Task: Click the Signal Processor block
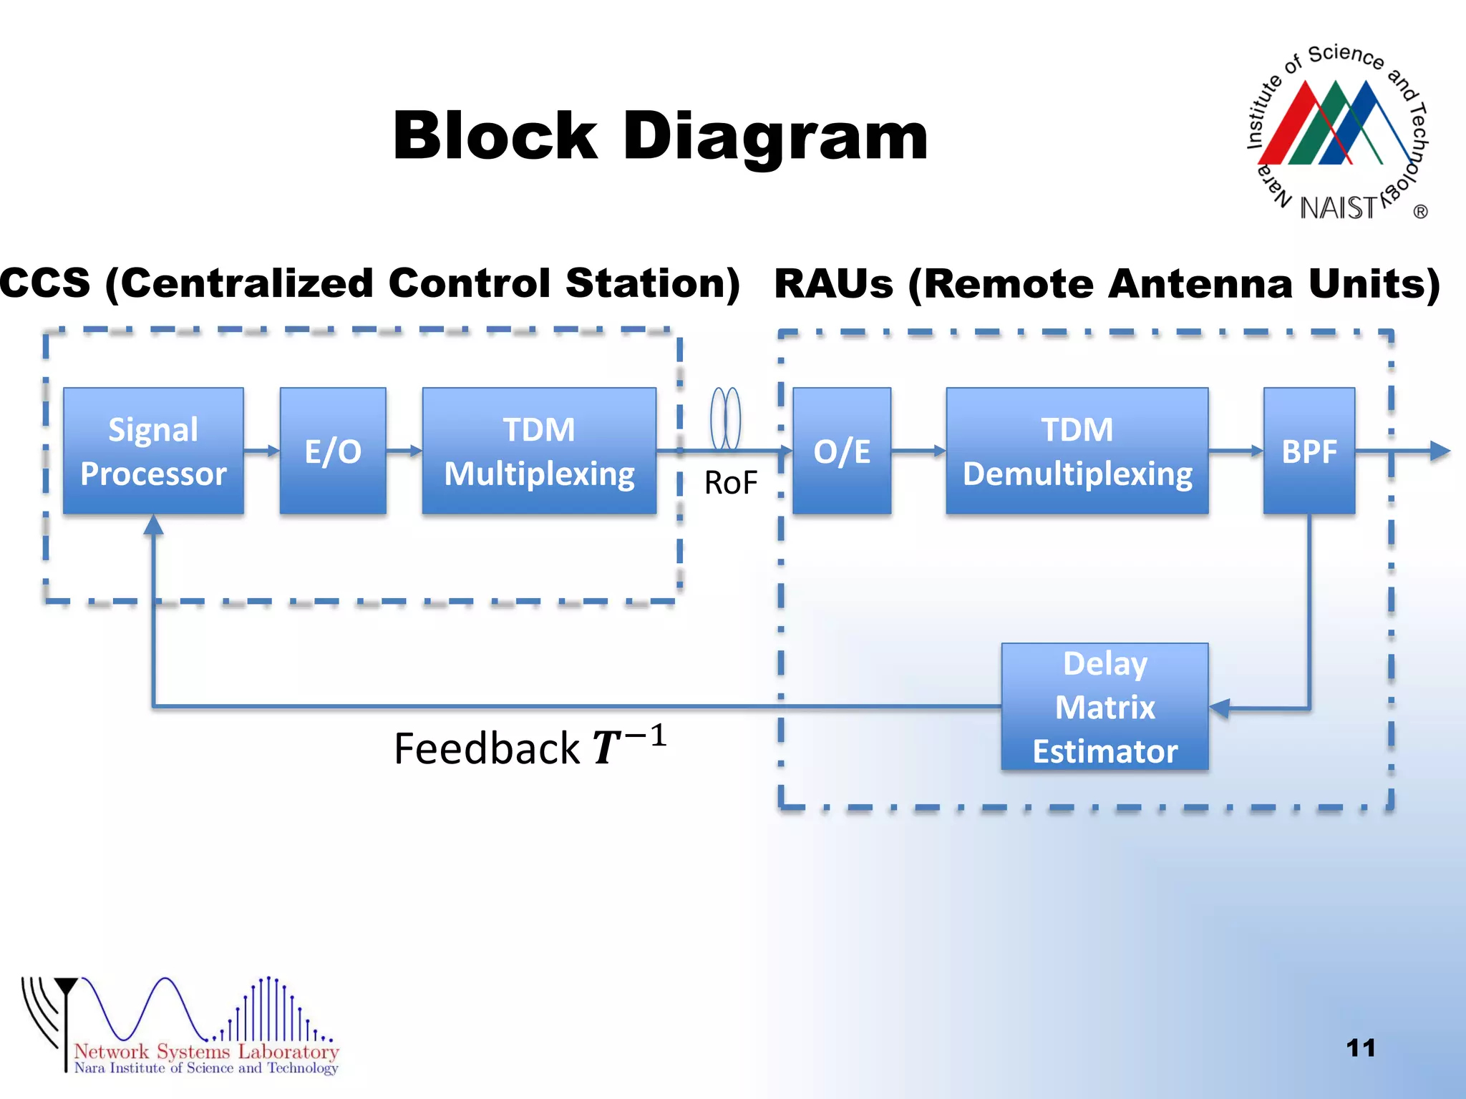153,451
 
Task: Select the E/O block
333,451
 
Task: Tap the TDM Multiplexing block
539,451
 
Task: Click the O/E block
842,451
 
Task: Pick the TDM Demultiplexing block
1077,451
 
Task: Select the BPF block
1309,451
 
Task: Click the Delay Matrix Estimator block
1105,707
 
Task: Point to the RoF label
730,483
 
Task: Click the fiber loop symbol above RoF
725,419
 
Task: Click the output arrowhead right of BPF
1439,451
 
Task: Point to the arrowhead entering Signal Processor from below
153,526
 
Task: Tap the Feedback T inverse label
530,747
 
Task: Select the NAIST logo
1337,133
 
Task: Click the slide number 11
1360,1048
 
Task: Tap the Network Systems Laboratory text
206,1051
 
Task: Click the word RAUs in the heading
833,284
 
